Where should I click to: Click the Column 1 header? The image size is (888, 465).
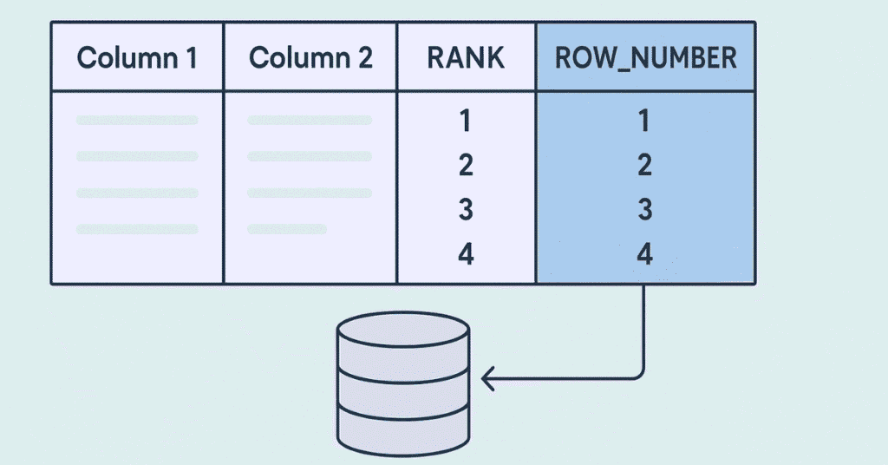(137, 58)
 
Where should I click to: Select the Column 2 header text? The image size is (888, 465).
(310, 58)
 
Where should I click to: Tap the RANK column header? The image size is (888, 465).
(466, 58)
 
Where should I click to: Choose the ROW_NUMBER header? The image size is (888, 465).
(644, 58)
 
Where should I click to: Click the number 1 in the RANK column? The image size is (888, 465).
(466, 121)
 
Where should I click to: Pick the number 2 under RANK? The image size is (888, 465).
(466, 165)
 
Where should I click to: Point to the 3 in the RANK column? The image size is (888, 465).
(466, 209)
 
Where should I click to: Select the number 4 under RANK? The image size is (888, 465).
(466, 254)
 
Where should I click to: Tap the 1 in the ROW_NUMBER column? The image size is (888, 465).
(644, 121)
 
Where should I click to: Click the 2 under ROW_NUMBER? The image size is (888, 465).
(644, 165)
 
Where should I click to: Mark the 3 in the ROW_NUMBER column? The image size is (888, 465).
(644, 209)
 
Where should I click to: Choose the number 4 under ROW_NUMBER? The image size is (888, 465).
(644, 254)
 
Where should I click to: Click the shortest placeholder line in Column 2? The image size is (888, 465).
(286, 229)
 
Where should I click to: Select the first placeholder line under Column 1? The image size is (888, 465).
(137, 120)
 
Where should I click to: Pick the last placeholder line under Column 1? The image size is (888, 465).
(137, 229)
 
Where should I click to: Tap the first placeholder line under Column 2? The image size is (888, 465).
(310, 120)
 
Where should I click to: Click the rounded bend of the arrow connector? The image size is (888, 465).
(638, 373)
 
